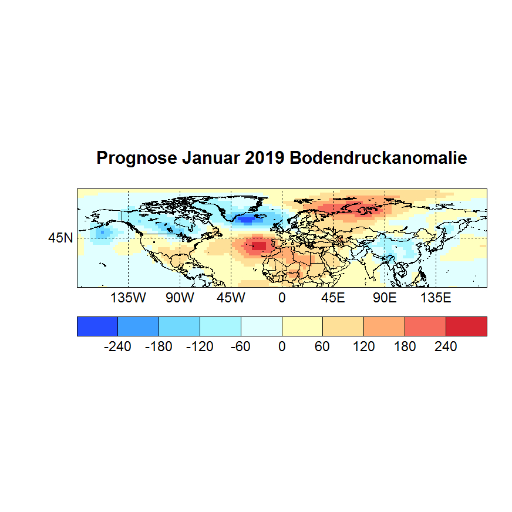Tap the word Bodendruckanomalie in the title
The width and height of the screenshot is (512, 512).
point(378,159)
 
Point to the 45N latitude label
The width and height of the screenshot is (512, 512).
point(61,238)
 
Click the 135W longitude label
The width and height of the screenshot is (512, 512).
point(128,298)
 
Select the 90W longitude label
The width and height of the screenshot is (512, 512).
point(180,298)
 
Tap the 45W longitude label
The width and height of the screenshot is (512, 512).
point(231,298)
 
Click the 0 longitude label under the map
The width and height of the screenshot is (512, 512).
point(282,298)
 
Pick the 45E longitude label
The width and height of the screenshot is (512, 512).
point(333,298)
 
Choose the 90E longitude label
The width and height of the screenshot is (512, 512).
point(385,298)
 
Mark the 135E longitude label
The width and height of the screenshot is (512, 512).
point(436,298)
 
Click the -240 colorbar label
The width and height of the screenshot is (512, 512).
point(117,347)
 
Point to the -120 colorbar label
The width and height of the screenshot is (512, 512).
point(200,347)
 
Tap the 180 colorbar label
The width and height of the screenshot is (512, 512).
point(405,347)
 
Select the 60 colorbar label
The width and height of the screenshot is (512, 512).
point(322,347)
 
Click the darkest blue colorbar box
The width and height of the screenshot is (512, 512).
point(97,326)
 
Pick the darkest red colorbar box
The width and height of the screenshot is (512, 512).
point(466,326)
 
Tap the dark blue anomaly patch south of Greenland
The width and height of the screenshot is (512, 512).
point(248,220)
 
